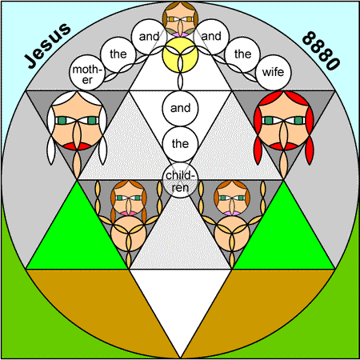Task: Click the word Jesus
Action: point(48,46)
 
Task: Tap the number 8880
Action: point(321,50)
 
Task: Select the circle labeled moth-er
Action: point(87,73)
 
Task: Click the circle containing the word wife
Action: point(273,73)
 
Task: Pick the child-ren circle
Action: point(181,181)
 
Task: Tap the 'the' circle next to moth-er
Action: point(118,54)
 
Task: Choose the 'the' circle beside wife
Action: point(242,54)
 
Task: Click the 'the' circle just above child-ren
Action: point(181,144)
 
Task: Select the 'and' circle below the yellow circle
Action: point(181,108)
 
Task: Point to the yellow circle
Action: point(181,54)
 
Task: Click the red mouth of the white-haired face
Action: point(78,146)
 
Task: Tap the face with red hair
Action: point(283,120)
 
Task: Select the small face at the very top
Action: point(181,19)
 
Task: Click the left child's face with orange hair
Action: point(129,198)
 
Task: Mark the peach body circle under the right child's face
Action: point(232,234)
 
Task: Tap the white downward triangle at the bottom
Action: point(181,298)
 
